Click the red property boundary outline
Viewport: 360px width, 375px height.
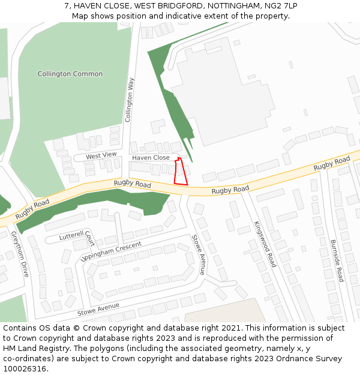click(x=181, y=172)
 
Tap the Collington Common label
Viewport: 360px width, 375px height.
click(x=70, y=74)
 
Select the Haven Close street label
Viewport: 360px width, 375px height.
click(x=151, y=158)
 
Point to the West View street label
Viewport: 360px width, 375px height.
click(x=101, y=155)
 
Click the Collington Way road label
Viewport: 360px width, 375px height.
click(x=129, y=100)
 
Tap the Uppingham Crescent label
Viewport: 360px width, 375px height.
click(x=111, y=251)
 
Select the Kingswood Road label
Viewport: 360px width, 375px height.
click(x=265, y=244)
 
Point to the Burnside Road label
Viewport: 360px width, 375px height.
click(x=337, y=261)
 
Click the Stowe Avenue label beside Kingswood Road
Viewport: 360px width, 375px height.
click(x=199, y=255)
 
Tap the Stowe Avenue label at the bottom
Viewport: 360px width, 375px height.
click(x=98, y=310)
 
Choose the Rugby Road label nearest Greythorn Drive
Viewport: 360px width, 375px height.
click(x=32, y=208)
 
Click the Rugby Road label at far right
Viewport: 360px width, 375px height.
click(x=332, y=163)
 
